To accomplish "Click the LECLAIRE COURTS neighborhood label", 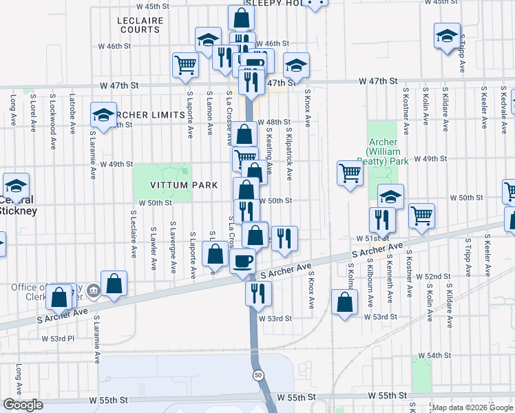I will pyautogui.click(x=140, y=25).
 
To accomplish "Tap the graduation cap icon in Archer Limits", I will pyautogui.click(x=103, y=115).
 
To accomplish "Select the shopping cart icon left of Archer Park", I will pyautogui.click(x=350, y=172).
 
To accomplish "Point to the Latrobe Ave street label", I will pyautogui.click(x=72, y=109).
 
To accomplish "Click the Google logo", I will pyautogui.click(x=23, y=405).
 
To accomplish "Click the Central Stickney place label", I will pyautogui.click(x=17, y=206).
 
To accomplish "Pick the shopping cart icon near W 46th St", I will pyautogui.click(x=185, y=65).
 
